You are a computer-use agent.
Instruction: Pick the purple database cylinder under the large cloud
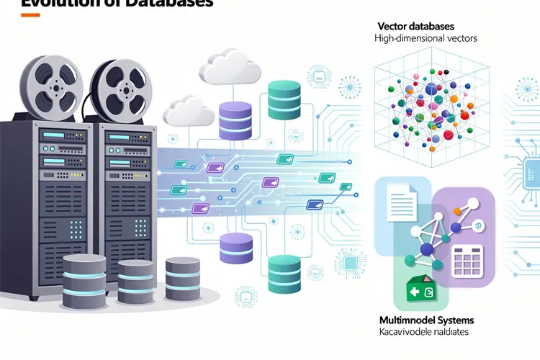[x=235, y=117]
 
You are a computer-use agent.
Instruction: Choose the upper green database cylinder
[x=283, y=99]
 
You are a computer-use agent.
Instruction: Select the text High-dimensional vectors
[x=426, y=38]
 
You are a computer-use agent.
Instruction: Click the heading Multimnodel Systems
[x=426, y=320]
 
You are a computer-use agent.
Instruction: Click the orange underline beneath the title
[x=31, y=15]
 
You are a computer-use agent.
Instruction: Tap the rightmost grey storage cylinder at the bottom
[x=182, y=274]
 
